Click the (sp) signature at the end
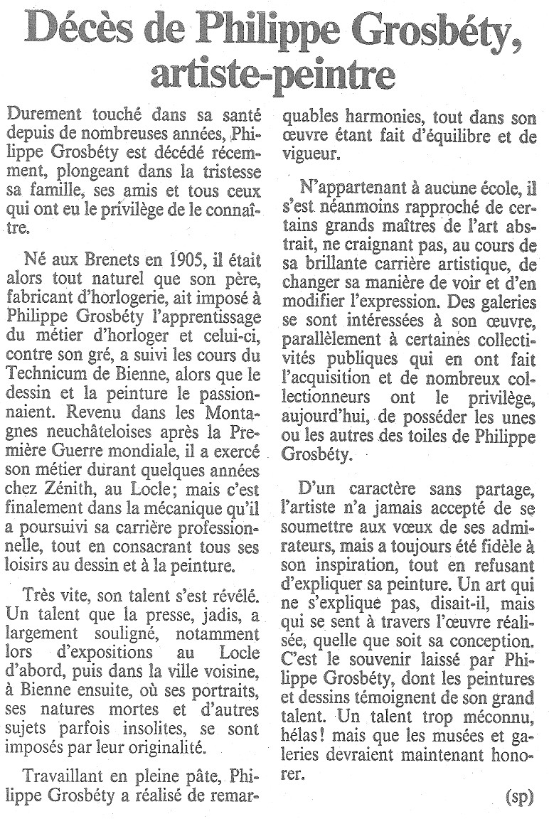(x=519, y=796)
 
